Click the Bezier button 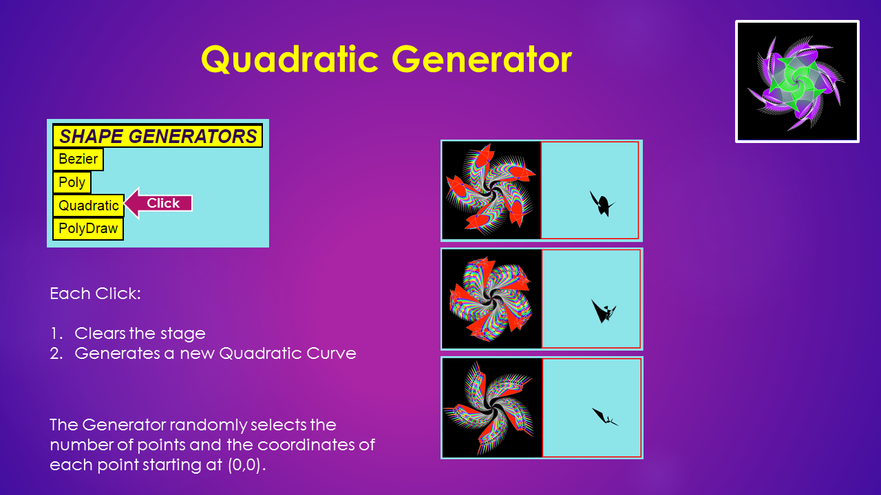pyautogui.click(x=78, y=159)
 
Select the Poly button pyautogui.click(x=72, y=182)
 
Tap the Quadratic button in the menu pyautogui.click(x=89, y=206)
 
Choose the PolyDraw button pyautogui.click(x=88, y=229)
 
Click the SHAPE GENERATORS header pyautogui.click(x=158, y=136)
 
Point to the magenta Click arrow pyautogui.click(x=158, y=203)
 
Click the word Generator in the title pyautogui.click(x=482, y=59)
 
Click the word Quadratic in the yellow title pyautogui.click(x=290, y=59)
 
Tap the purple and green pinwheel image pyautogui.click(x=797, y=81)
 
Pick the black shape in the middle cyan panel pyautogui.click(x=602, y=311)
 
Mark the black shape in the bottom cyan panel pyautogui.click(x=604, y=417)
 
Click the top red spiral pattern pyautogui.click(x=491, y=190)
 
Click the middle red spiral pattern pyautogui.click(x=491, y=299)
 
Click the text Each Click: pyautogui.click(x=95, y=294)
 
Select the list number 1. pyautogui.click(x=56, y=333)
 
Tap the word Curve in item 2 pyautogui.click(x=331, y=353)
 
